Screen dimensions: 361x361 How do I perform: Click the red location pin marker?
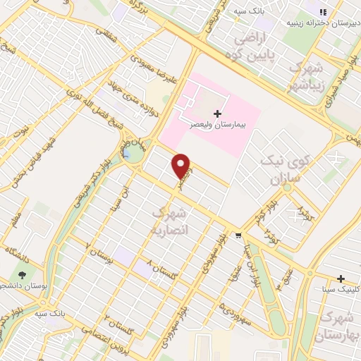[x=181, y=166]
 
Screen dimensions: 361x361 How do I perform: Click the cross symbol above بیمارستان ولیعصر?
[x=217, y=113]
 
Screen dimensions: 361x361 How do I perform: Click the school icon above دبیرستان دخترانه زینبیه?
[x=323, y=12]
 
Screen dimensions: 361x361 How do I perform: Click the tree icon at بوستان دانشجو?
[x=23, y=274]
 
